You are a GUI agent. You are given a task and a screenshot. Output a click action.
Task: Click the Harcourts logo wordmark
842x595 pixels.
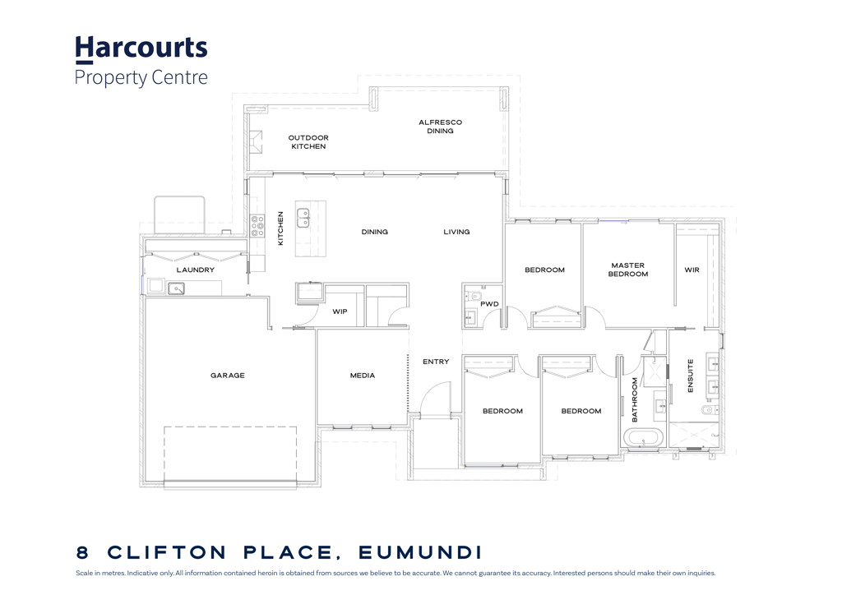(x=141, y=48)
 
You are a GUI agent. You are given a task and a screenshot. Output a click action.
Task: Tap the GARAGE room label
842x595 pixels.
(x=227, y=376)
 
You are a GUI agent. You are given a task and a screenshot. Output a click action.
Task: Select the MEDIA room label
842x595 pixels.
(x=362, y=376)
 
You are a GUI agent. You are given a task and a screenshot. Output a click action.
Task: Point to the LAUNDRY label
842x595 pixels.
(x=195, y=270)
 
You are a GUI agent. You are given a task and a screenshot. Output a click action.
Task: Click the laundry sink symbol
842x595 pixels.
(x=176, y=288)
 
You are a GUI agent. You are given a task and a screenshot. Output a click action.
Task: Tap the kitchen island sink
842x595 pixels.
(x=303, y=218)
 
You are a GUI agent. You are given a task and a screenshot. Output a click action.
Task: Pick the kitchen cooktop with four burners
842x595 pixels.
(x=257, y=226)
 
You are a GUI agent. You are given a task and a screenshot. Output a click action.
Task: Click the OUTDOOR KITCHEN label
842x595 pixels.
(x=308, y=142)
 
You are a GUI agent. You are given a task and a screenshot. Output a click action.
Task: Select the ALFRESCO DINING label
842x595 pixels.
(x=440, y=127)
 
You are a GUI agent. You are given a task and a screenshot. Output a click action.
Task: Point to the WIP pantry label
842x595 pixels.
(x=340, y=312)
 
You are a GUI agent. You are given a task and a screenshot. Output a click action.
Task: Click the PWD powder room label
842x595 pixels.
(x=489, y=304)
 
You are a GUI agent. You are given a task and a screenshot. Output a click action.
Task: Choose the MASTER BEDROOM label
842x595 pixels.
(x=628, y=270)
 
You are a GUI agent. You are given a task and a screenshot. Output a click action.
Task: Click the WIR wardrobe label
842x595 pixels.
(x=692, y=270)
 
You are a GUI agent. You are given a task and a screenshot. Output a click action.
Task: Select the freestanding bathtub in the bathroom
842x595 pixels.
(x=641, y=438)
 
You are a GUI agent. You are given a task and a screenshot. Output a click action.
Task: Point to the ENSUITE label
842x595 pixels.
(x=690, y=375)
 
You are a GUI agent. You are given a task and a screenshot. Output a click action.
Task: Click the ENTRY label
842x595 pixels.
(x=436, y=362)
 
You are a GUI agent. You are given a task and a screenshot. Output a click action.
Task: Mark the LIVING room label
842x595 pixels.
(x=456, y=232)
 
